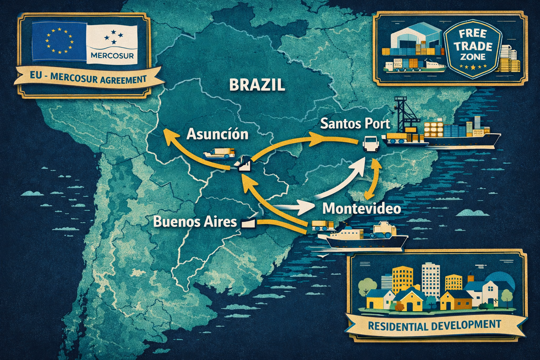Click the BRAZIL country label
click(256, 85)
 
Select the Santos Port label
click(355, 124)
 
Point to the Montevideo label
click(361, 208)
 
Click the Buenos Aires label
click(195, 222)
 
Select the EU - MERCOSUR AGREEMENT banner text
click(88, 79)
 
